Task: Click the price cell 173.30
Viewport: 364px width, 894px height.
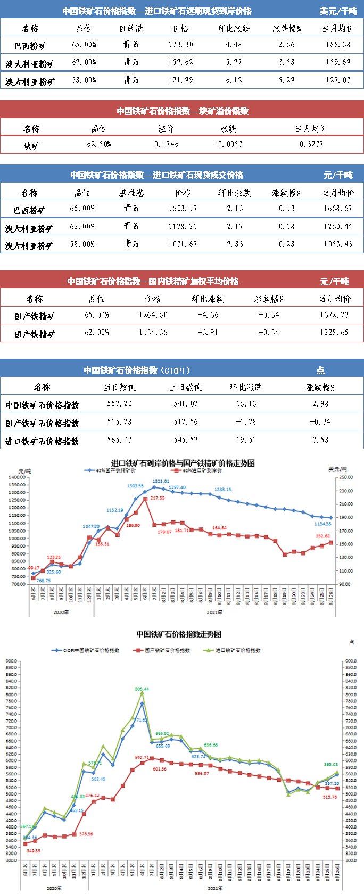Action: click(x=180, y=45)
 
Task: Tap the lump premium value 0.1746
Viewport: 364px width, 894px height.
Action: click(x=167, y=144)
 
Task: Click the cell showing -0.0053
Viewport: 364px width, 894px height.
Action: click(x=228, y=144)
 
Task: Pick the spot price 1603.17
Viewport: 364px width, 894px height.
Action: click(x=183, y=209)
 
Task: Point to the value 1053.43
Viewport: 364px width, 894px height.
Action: click(x=338, y=244)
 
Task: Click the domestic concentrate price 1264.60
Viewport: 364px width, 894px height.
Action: click(x=153, y=315)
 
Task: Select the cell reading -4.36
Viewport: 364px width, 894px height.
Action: click(x=208, y=315)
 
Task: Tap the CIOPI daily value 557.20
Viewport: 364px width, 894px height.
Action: click(x=120, y=404)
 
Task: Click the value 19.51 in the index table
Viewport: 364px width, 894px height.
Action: click(x=246, y=440)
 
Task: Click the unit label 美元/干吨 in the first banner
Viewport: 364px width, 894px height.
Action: click(x=338, y=11)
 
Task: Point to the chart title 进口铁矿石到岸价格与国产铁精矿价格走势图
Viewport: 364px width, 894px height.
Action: click(x=183, y=463)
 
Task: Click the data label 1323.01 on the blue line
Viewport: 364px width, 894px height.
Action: click(x=160, y=482)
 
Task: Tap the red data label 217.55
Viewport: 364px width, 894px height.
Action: click(x=158, y=498)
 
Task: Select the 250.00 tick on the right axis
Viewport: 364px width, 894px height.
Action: click(x=345, y=477)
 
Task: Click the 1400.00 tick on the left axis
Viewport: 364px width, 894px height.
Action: click(x=17, y=477)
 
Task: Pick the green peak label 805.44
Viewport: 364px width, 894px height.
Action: click(x=142, y=689)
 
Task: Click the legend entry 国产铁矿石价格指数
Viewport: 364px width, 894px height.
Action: click(x=167, y=650)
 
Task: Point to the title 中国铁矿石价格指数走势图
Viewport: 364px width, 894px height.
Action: click(x=179, y=634)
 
